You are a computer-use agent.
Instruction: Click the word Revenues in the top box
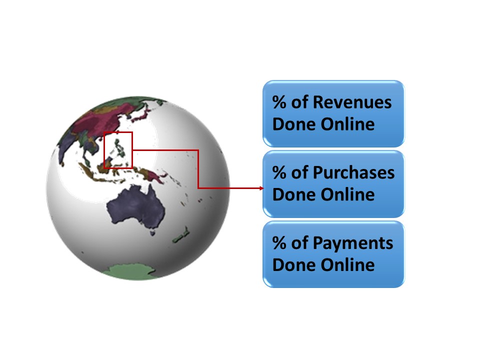click(x=352, y=102)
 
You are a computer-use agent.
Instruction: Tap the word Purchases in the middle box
click(x=353, y=172)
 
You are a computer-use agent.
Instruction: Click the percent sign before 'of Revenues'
click(x=279, y=102)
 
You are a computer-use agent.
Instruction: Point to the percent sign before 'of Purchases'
click(x=279, y=172)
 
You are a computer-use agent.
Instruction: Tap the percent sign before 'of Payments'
click(x=279, y=243)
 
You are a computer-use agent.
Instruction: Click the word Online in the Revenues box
click(x=347, y=124)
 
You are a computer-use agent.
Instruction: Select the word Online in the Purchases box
click(x=347, y=194)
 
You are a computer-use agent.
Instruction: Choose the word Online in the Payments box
click(x=347, y=265)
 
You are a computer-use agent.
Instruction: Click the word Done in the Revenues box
click(x=294, y=124)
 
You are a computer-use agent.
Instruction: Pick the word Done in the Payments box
click(x=294, y=265)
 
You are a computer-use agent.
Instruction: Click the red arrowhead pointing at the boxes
click(x=261, y=188)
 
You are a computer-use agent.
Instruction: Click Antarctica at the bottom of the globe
click(x=131, y=272)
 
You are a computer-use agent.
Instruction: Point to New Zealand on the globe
click(x=181, y=235)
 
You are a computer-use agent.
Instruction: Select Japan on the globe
click(x=141, y=115)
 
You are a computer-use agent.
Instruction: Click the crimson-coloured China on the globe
click(x=104, y=119)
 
